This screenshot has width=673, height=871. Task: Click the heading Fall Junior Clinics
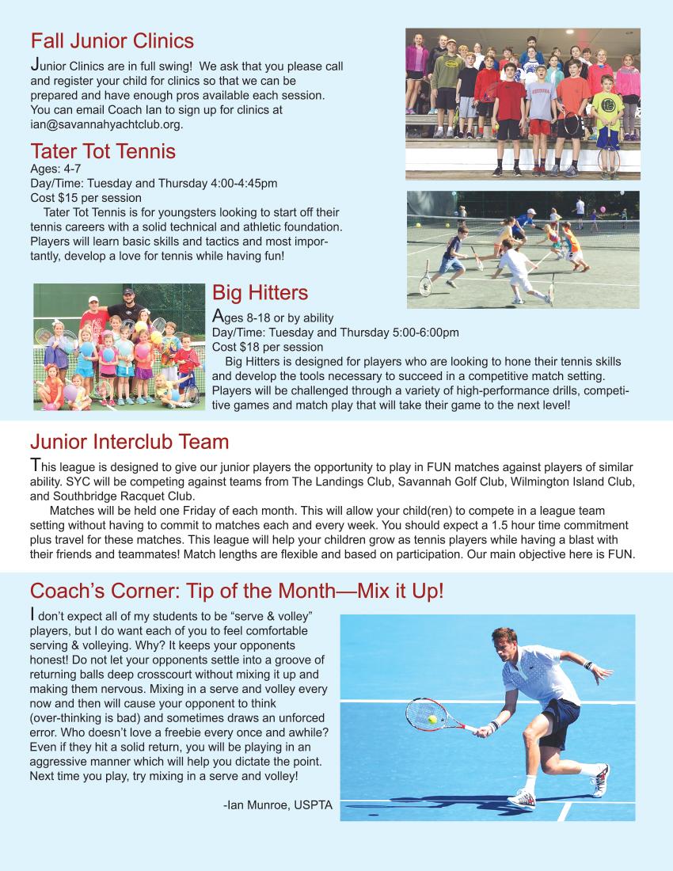click(112, 40)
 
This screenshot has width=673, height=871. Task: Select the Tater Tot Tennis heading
click(102, 150)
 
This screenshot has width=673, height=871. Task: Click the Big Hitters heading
click(260, 293)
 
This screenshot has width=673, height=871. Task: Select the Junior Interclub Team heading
click(129, 442)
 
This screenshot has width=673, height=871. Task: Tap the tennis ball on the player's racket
click(432, 719)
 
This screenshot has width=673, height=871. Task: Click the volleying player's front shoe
click(522, 797)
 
